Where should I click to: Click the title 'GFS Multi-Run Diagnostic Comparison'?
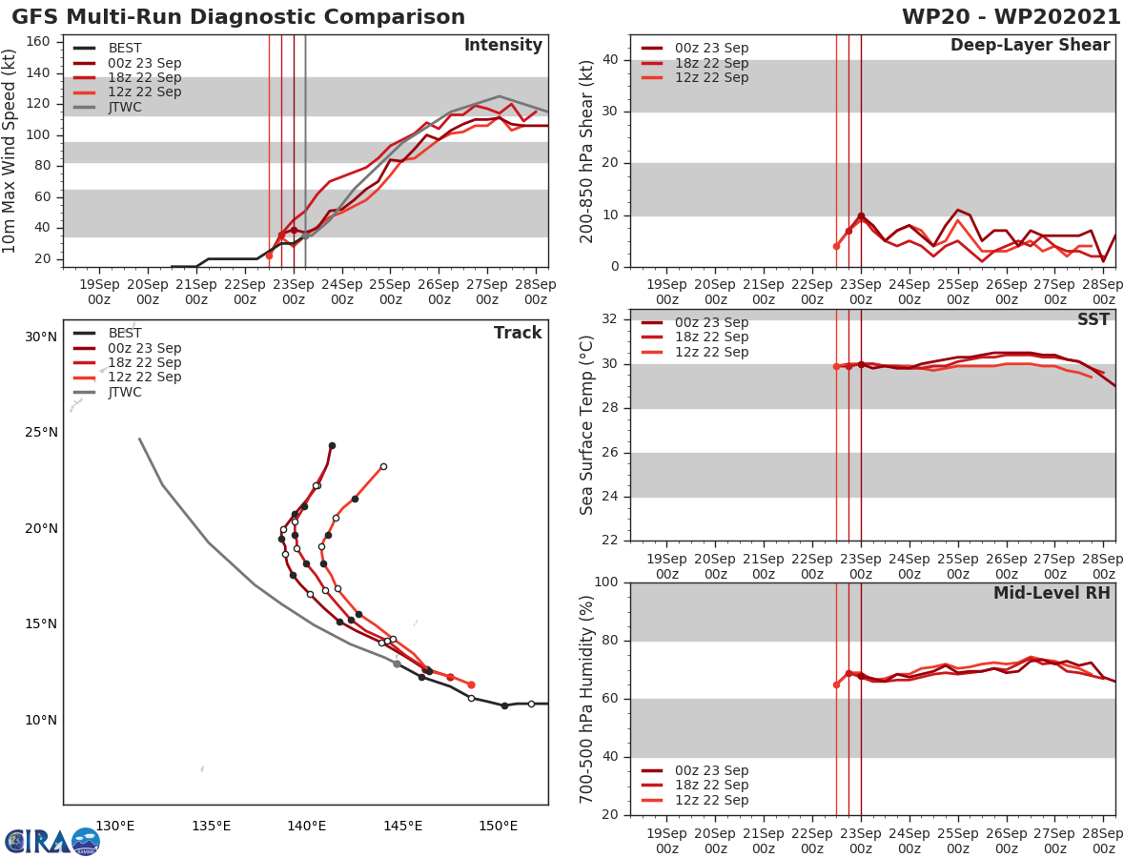click(x=238, y=17)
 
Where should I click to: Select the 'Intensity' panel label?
click(x=502, y=46)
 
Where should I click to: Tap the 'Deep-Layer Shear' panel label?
click(x=1030, y=46)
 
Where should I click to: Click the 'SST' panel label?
click(x=1093, y=319)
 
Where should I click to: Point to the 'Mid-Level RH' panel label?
click(x=1052, y=593)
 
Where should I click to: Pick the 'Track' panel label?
click(x=518, y=333)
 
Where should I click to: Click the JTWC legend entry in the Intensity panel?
click(x=125, y=107)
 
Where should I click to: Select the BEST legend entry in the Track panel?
click(x=125, y=333)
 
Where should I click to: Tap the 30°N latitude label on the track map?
click(x=41, y=337)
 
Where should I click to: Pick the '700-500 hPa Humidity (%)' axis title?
click(x=588, y=698)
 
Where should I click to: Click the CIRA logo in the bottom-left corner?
click(x=51, y=842)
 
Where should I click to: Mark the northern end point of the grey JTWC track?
click(x=139, y=439)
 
